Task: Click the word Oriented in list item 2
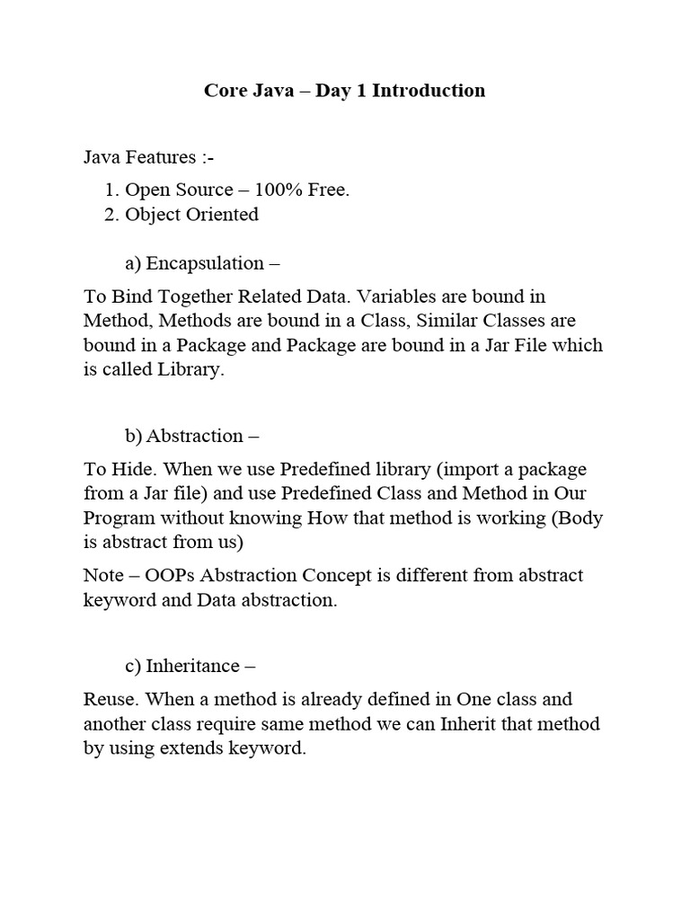[221, 214]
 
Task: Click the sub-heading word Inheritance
[193, 666]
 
